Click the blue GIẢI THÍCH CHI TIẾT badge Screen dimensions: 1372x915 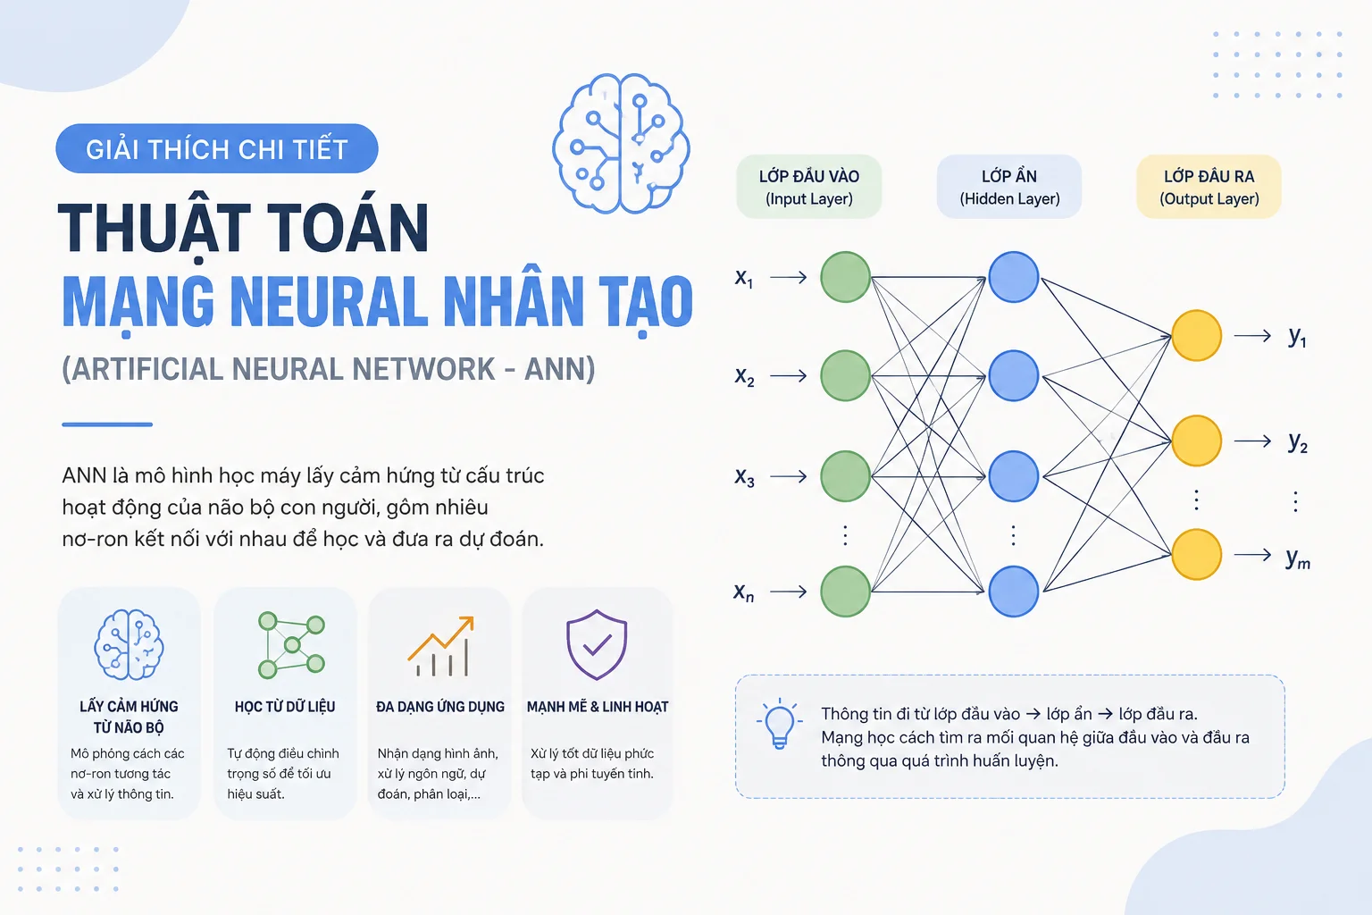pos(217,149)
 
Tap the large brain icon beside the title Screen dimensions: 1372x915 pos(621,143)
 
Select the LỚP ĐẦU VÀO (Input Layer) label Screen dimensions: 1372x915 pos(808,187)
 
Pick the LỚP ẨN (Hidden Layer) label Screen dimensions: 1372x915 pos(1009,187)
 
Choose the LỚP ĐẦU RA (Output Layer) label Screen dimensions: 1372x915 pos(1209,187)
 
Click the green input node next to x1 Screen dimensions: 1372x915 pos(845,277)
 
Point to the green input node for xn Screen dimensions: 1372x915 pos(845,592)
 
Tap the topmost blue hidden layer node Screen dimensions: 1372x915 pos(1014,277)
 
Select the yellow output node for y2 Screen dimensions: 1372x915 pos(1196,441)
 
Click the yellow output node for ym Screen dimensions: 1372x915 pos(1196,555)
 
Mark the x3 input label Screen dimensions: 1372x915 pos(744,477)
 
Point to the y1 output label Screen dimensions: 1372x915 pos(1297,337)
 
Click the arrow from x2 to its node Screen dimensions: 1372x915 pos(789,375)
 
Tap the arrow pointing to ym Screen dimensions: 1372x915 pos(1252,555)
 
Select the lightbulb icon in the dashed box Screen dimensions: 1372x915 pos(779,723)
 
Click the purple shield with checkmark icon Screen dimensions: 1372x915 pos(597,644)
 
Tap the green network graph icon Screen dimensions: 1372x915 pos(291,645)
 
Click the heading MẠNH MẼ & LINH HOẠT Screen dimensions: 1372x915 pos(598,707)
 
